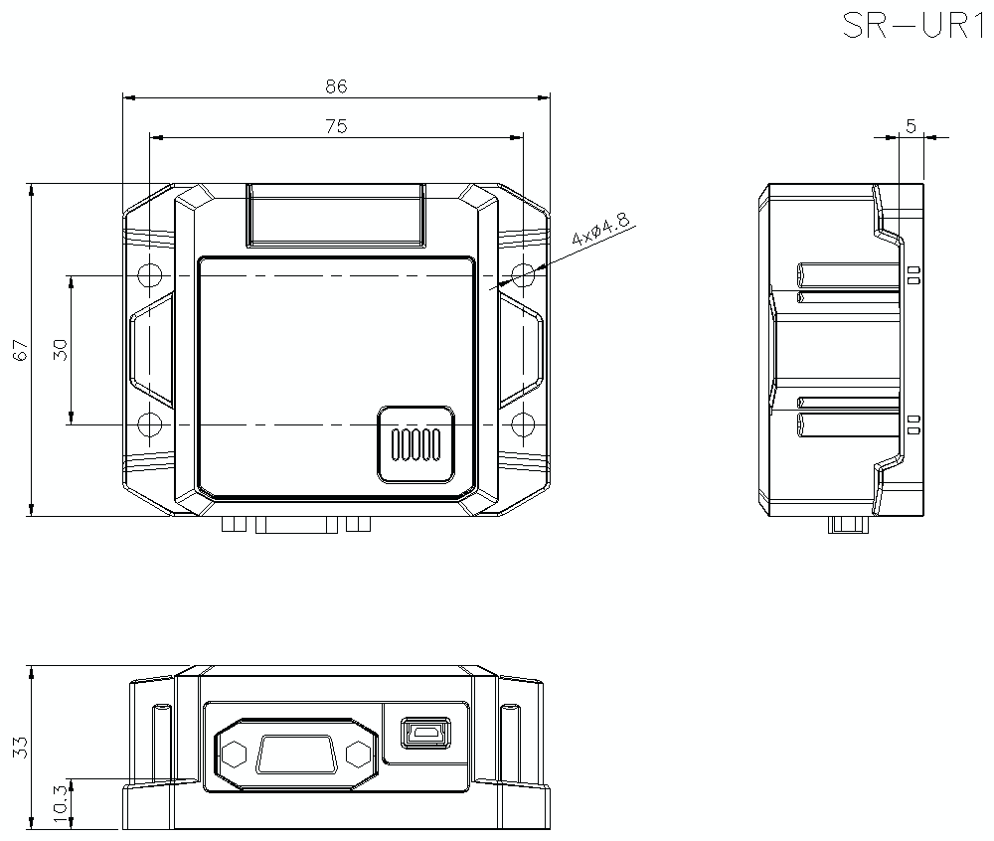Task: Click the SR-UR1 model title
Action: [911, 25]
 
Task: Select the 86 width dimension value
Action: [336, 86]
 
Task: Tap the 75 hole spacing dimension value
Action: [336, 126]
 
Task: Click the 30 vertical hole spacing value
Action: [60, 350]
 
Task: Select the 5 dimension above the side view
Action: [911, 125]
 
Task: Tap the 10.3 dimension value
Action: [60, 804]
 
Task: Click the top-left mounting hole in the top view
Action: [149, 275]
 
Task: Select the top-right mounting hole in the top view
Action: [523, 275]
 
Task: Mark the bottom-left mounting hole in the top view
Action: [149, 425]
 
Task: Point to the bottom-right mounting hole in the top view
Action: [523, 425]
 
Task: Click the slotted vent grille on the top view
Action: [415, 444]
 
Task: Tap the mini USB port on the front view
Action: [425, 734]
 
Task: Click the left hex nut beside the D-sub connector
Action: [234, 754]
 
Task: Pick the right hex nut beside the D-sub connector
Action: [360, 754]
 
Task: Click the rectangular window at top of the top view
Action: [336, 215]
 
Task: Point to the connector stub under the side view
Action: [848, 525]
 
